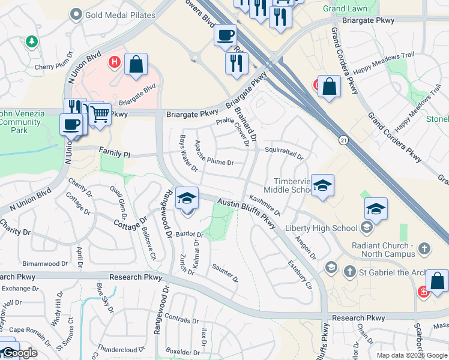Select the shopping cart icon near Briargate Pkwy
[x=100, y=113]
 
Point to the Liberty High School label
[x=321, y=228]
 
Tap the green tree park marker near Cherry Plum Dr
[x=31, y=42]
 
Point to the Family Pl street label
[x=115, y=154]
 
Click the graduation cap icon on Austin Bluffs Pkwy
[x=187, y=199]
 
